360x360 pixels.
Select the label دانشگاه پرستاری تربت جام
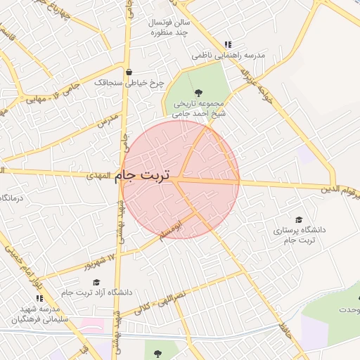click(295, 236)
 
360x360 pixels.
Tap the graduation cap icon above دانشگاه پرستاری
click(300, 220)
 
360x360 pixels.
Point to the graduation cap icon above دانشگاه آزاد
click(96, 281)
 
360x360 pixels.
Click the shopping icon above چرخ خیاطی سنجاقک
click(129, 72)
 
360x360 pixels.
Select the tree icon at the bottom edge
click(156, 352)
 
